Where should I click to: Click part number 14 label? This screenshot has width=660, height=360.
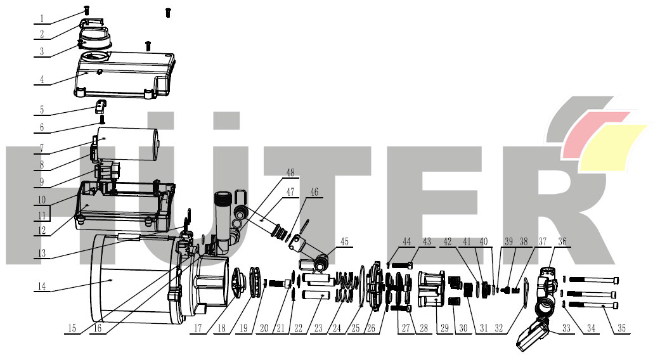(42, 286)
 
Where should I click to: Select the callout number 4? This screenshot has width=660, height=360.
(42, 79)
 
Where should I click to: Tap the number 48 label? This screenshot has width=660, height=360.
(290, 173)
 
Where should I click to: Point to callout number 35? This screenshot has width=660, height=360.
(622, 328)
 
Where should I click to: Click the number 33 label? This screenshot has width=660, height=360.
(566, 328)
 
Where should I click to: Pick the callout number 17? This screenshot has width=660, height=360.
(198, 328)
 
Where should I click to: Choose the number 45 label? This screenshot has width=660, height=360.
(345, 242)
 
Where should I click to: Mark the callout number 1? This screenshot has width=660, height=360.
(42, 19)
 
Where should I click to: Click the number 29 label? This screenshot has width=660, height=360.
(444, 328)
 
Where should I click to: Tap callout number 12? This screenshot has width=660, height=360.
(42, 231)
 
